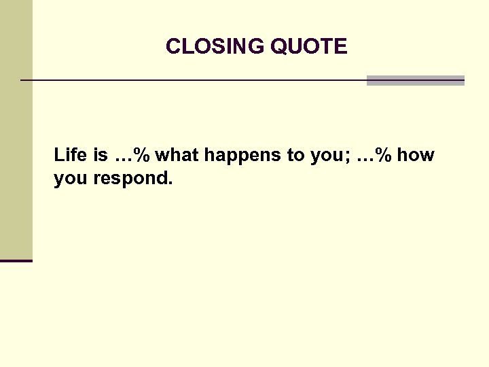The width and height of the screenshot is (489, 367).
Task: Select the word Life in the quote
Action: click(70, 155)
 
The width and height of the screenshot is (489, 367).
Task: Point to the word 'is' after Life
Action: click(101, 155)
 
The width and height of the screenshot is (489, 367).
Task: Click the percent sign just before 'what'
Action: click(142, 156)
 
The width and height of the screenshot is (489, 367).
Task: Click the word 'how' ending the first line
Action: click(416, 155)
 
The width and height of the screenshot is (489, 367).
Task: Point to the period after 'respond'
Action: click(171, 184)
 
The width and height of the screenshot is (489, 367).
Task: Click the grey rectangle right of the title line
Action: click(415, 80)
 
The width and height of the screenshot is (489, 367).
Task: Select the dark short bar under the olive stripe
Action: click(16, 260)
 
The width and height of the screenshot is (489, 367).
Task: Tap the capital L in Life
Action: click(58, 155)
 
